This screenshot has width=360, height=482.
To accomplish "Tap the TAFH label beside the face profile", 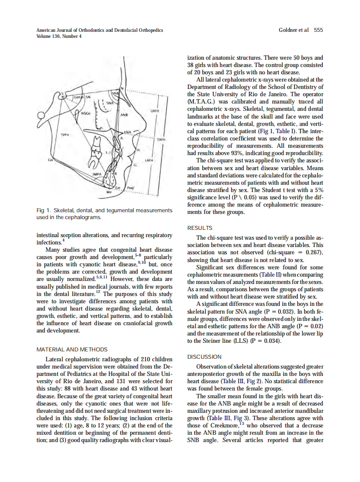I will pyautogui.click(x=162, y=140).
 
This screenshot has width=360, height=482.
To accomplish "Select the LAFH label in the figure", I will pyautogui.click(x=149, y=159).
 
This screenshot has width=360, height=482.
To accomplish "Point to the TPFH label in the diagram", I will pyautogui.click(x=65, y=134).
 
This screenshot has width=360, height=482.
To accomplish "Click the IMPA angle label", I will pyautogui.click(x=97, y=174).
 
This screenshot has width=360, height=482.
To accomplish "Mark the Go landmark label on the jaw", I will pyautogui.click(x=50, y=159).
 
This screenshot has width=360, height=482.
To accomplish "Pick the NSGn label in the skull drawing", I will pyautogui.click(x=85, y=113).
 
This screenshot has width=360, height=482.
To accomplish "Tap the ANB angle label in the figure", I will pyautogui.click(x=124, y=115).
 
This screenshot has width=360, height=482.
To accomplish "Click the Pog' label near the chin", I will pyautogui.click(x=131, y=188).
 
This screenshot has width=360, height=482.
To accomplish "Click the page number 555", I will pyautogui.click(x=318, y=30).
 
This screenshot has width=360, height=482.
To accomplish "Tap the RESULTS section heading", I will pyautogui.click(x=200, y=228).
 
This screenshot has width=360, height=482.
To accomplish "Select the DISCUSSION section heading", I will pyautogui.click(x=204, y=357).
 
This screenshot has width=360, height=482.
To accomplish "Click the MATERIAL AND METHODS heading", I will pyautogui.click(x=72, y=349).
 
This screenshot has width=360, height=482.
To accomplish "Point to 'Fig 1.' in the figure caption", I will pyautogui.click(x=44, y=210).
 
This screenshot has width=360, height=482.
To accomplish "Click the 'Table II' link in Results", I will pyautogui.click(x=268, y=274).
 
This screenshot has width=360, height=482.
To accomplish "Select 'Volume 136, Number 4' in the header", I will pyautogui.click(x=59, y=36).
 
